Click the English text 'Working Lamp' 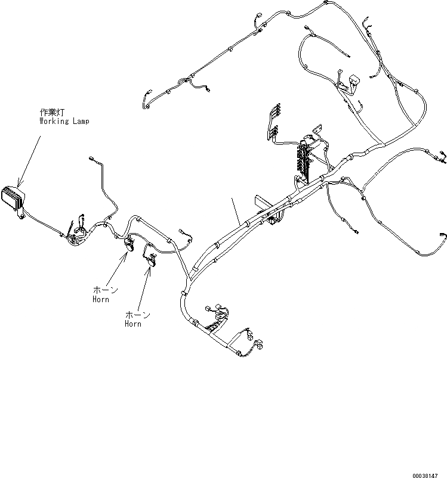(64, 121)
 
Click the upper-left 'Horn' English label (101, 299)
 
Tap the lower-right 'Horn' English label (133, 324)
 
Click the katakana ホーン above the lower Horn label (138, 315)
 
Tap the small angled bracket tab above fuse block (316, 130)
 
